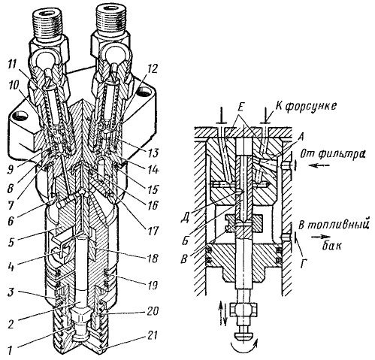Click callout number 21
[152, 335]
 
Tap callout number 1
[10, 349]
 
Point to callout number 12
[152, 68]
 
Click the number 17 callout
[152, 231]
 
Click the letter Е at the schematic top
[240, 108]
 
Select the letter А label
[301, 137]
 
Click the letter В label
[185, 259]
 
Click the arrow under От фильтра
[318, 165]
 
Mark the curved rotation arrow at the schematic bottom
[243, 348]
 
